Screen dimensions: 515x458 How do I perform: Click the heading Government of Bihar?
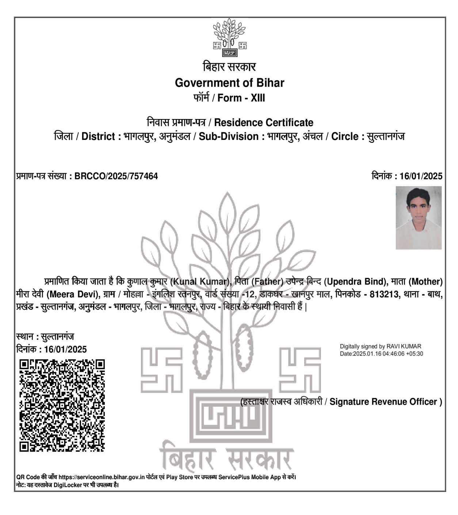(x=229, y=83)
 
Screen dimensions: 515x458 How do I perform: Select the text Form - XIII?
(x=241, y=98)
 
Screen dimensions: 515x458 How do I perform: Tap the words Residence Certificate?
(x=264, y=122)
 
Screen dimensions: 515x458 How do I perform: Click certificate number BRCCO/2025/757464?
(x=116, y=176)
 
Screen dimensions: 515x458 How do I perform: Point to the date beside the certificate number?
(x=421, y=176)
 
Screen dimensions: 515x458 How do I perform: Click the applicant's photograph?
(x=419, y=218)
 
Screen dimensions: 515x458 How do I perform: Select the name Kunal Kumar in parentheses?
(x=199, y=282)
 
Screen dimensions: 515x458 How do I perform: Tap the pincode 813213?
(x=384, y=294)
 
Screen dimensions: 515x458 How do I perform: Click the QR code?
(x=62, y=405)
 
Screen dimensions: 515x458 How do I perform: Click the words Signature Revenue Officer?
(x=383, y=402)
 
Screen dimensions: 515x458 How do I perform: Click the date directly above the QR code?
(x=65, y=349)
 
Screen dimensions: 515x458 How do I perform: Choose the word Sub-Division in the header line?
(x=229, y=137)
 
